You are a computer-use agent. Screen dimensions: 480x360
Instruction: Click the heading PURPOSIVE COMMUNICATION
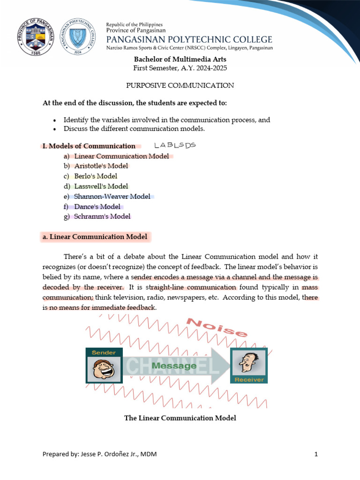180,85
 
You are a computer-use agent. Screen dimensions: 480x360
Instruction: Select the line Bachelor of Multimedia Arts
180,59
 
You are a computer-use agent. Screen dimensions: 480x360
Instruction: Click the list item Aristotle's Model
101,166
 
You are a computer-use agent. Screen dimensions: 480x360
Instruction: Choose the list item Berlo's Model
96,176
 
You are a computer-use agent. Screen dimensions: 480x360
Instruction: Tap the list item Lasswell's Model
101,186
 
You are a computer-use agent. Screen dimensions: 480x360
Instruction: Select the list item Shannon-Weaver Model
112,196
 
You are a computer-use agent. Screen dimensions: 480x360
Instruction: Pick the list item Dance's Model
97,207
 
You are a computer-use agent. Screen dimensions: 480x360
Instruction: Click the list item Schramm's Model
102,217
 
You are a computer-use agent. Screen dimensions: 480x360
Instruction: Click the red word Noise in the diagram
217,327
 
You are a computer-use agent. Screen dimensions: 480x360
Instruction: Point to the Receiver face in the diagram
248,362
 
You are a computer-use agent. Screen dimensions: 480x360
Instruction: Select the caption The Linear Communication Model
180,418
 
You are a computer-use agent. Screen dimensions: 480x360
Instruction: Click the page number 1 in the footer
316,454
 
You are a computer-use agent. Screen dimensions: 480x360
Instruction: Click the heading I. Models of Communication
89,146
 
